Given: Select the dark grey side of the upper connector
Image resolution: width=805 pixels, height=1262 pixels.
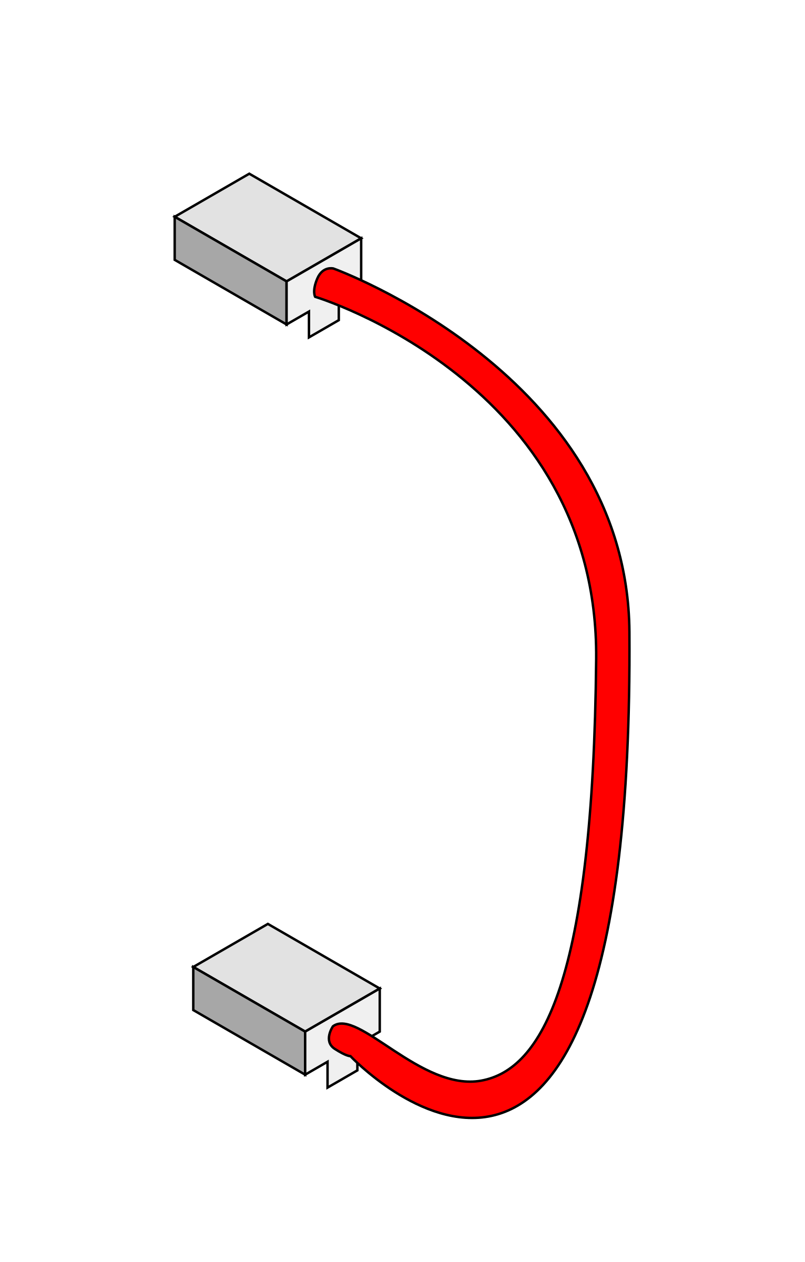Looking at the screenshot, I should [x=231, y=270].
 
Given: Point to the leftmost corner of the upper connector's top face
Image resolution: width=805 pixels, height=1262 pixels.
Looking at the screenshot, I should [x=176, y=217].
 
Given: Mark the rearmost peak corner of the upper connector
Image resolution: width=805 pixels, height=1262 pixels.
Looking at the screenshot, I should [x=249, y=175].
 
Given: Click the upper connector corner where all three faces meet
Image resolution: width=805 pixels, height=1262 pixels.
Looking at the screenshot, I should [x=287, y=281].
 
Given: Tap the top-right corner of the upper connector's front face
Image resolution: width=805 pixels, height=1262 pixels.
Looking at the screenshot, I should [x=360, y=239].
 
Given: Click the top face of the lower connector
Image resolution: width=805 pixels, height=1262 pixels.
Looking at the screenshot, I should [x=287, y=978].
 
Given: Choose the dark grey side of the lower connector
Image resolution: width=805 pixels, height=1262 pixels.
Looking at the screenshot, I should [x=250, y=1020].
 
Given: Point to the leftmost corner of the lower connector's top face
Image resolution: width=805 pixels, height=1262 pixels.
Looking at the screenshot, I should [x=195, y=968].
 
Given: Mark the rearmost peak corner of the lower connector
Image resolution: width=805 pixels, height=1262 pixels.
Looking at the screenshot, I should [x=268, y=925].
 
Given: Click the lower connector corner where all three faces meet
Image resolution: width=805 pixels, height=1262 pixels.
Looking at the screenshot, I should [x=305, y=1031].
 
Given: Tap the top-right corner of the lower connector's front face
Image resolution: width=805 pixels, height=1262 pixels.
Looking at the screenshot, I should [x=379, y=990].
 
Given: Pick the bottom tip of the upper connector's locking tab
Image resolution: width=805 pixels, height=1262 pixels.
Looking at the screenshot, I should [x=311, y=335].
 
